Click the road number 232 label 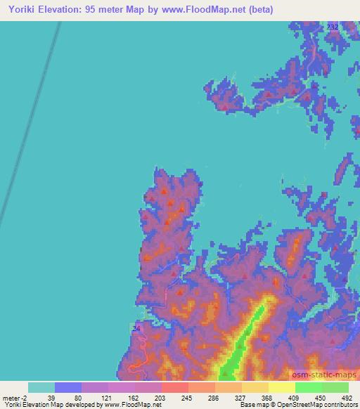click(332, 27)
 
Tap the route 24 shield click(136, 327)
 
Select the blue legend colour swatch click(68, 387)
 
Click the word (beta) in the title click(258, 11)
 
